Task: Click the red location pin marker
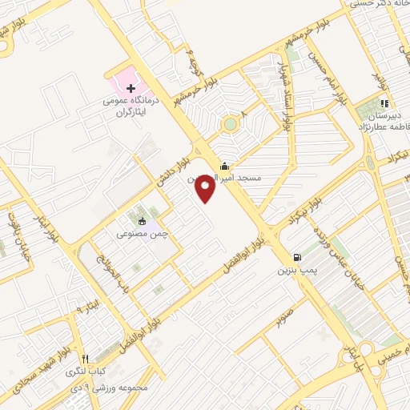coord(206,187)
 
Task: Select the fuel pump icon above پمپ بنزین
coord(298,258)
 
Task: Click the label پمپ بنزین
coord(298,271)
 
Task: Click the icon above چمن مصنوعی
coord(143,221)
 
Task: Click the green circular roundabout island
coord(231,123)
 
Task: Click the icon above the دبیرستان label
coord(384,102)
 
